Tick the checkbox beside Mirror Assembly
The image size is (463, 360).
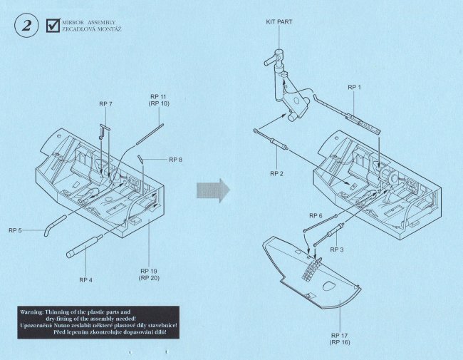click(x=52, y=26)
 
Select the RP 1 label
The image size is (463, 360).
click(x=354, y=87)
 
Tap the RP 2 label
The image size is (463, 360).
click(x=277, y=173)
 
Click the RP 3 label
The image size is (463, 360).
click(x=337, y=250)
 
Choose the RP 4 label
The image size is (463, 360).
click(x=85, y=279)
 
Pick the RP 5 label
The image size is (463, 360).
click(x=16, y=230)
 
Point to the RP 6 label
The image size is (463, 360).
click(x=316, y=215)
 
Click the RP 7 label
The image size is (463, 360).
click(x=105, y=104)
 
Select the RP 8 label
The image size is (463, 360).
click(x=176, y=160)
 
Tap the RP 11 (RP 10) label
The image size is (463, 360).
click(x=159, y=100)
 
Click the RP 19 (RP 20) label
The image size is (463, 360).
click(x=149, y=275)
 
